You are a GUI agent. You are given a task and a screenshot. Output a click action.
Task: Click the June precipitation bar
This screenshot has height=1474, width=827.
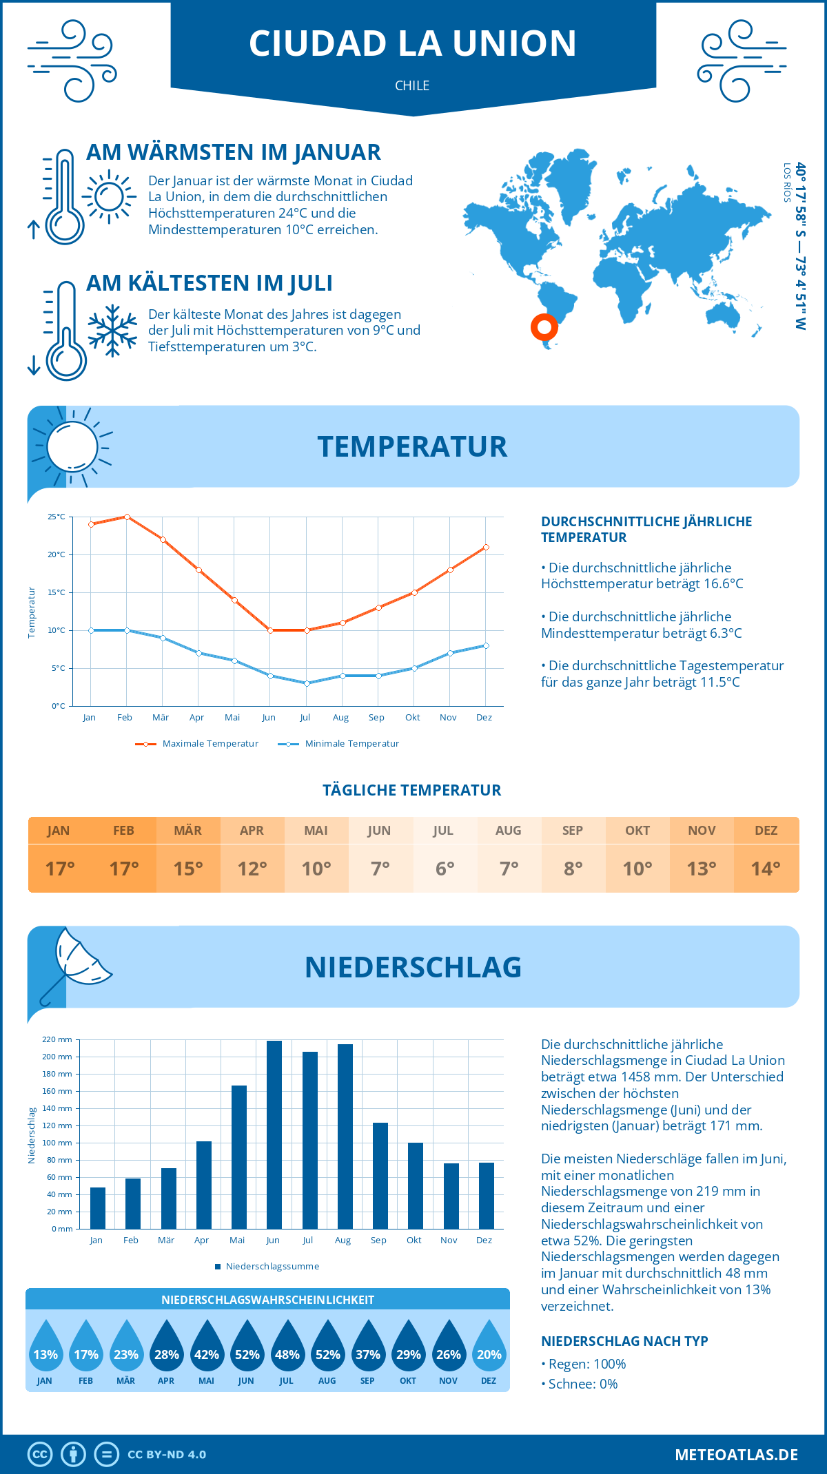pyautogui.click(x=274, y=1134)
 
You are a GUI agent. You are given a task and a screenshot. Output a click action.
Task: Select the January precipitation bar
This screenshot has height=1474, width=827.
pyautogui.click(x=98, y=1208)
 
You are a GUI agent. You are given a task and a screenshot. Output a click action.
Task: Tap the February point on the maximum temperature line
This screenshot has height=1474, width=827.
pyautogui.click(x=127, y=517)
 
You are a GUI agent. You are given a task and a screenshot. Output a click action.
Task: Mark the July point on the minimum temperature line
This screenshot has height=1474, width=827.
pyautogui.click(x=307, y=683)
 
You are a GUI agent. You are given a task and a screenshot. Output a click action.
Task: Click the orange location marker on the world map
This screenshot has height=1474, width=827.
pyautogui.click(x=544, y=327)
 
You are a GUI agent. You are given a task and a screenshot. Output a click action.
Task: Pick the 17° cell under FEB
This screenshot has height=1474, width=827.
pyautogui.click(x=124, y=869)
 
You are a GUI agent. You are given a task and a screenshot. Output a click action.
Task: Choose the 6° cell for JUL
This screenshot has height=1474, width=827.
pyautogui.click(x=445, y=869)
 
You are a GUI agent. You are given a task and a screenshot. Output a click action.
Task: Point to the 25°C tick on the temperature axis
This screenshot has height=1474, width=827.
pyautogui.click(x=57, y=517)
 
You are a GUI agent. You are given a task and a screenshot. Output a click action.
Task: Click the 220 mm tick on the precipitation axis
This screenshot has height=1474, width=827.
pyautogui.click(x=57, y=1039)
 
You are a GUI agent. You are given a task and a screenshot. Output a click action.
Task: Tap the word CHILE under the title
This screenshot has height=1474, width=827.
pyautogui.click(x=412, y=85)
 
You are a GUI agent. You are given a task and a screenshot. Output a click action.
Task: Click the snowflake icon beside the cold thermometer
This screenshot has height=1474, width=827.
pyautogui.click(x=112, y=331)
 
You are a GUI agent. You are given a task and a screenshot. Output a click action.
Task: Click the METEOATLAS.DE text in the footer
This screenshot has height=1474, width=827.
pyautogui.click(x=736, y=1455)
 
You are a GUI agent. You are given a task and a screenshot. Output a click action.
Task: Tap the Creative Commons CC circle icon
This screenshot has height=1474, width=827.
pyautogui.click(x=40, y=1455)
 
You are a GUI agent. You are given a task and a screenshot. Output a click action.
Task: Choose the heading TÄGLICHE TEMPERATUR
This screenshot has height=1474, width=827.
pyautogui.click(x=412, y=790)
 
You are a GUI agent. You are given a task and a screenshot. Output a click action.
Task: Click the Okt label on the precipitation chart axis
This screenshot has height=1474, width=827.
pyautogui.click(x=413, y=1241)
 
